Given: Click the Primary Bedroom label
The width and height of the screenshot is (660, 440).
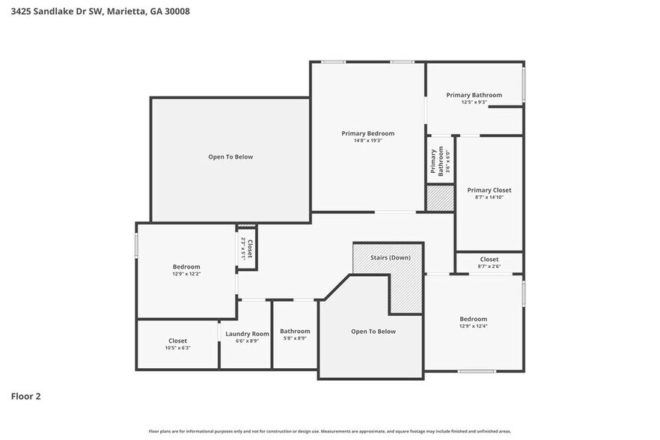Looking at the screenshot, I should tap(367, 133).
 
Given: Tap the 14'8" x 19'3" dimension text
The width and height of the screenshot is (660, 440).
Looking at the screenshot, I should tap(367, 140).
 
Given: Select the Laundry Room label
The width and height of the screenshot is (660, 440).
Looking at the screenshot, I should tap(247, 334).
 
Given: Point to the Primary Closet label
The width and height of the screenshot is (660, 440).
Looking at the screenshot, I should tap(489, 190).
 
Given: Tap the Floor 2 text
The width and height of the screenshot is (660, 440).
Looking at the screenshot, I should tap(25, 396).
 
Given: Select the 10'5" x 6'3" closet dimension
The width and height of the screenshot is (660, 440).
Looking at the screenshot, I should tap(177, 348).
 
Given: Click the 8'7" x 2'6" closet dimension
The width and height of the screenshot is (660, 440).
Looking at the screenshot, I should tap(489, 266).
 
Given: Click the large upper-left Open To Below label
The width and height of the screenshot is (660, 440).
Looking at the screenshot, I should tap(230, 157).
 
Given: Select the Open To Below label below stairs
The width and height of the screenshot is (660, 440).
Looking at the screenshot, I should tap(373, 331).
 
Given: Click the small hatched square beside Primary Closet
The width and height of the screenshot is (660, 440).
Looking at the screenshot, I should tap(440, 198).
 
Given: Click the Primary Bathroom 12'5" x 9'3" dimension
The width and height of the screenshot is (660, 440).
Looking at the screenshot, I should tap(474, 102).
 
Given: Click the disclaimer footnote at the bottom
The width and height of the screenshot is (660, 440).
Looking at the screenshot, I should tap(329, 431).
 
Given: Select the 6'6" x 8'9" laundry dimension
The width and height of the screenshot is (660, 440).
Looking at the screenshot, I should tap(247, 341).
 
